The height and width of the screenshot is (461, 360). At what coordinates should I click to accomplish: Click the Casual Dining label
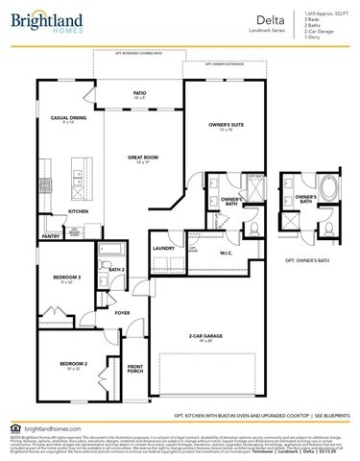(x=68, y=119)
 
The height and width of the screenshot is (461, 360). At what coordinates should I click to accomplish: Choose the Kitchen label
(x=78, y=211)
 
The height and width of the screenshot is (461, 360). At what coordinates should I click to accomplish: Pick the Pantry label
(x=51, y=236)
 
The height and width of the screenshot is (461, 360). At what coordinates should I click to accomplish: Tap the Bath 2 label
(x=117, y=270)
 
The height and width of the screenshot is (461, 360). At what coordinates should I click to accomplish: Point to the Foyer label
(x=122, y=312)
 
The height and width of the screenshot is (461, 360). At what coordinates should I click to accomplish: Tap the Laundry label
(x=162, y=247)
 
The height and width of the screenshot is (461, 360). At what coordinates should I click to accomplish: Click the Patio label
(x=139, y=94)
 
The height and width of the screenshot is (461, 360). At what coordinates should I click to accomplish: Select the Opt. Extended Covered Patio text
(x=140, y=53)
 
